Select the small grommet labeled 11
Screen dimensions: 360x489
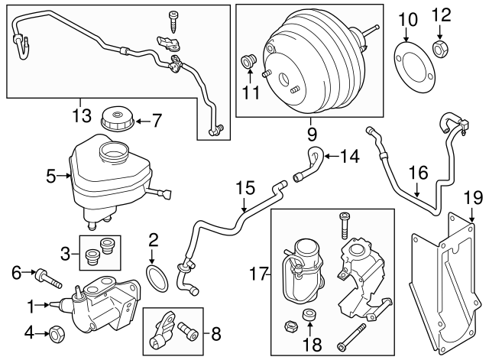[x=248, y=60]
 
